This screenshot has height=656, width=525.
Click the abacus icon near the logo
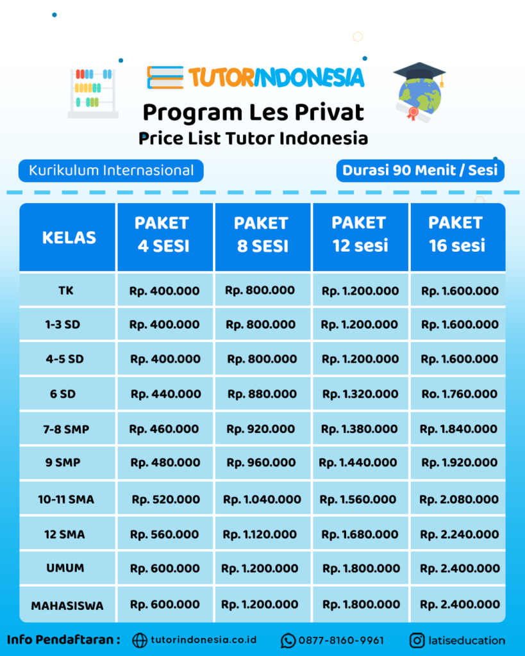[93, 93]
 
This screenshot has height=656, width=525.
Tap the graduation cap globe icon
[420, 93]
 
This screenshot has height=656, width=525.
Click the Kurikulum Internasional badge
[111, 170]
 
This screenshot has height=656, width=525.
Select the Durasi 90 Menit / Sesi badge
[420, 170]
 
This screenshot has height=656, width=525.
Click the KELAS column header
[69, 238]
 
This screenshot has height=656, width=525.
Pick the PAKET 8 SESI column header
[262, 234]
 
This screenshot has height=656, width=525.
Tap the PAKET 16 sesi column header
[456, 234]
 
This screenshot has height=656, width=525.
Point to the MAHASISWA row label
[67, 605]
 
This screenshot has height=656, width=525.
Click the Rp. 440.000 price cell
[165, 394]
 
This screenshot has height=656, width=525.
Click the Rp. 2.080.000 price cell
[459, 499]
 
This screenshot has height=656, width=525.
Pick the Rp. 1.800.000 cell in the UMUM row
[360, 568]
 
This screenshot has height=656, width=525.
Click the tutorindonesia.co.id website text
[203, 640]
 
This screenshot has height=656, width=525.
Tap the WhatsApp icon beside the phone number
[288, 640]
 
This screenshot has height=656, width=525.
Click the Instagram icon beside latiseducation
[417, 640]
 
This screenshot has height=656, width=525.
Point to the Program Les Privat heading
[253, 112]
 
